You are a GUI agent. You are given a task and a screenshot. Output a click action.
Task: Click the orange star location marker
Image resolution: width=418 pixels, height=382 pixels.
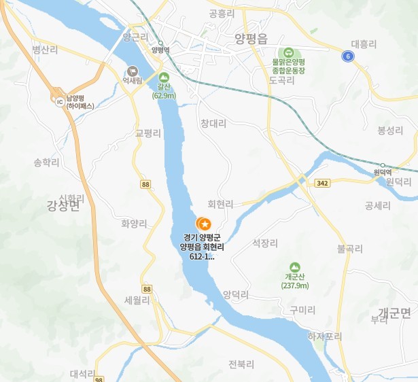coord(203,223)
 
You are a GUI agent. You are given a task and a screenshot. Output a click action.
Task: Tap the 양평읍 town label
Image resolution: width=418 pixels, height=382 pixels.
coord(251,39)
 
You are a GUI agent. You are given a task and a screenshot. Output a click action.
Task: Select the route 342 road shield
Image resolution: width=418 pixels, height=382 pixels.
coord(323,183)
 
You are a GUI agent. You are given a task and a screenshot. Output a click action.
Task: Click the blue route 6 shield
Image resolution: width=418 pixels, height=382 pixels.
coord(348,56)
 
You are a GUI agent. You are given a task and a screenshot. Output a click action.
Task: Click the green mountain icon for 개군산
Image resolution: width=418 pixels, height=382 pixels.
coord(294,267)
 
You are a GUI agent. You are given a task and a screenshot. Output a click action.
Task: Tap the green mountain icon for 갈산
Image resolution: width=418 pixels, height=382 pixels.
coord(163,77)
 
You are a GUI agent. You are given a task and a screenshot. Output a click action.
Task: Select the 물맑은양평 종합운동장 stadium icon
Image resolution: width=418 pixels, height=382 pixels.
coord(288,52)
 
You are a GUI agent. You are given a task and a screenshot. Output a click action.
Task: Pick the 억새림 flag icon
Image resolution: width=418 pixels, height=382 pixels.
coord(133,70)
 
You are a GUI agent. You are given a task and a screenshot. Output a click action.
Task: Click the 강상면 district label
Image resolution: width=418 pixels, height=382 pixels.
coord(63,205)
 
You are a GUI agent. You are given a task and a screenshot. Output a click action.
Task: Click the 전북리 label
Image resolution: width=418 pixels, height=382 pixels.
coord(241,364)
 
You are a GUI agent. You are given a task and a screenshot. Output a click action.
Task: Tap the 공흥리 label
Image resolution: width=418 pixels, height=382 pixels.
coord(222,13)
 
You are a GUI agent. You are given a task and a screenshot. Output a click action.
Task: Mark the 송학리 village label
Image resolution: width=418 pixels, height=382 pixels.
coord(46,163)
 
